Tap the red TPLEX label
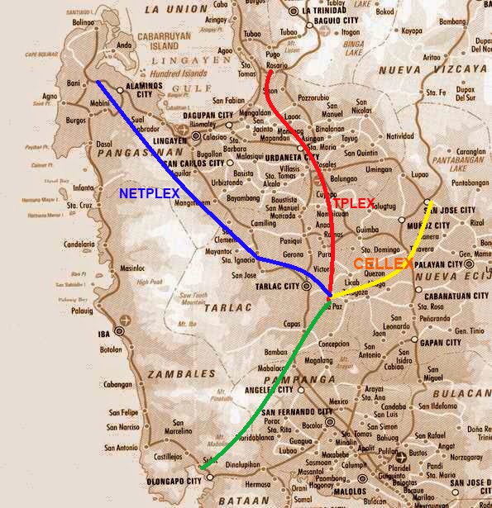click(x=354, y=202)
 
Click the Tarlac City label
click(x=281, y=286)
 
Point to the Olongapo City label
click(x=171, y=480)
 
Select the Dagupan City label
click(x=206, y=115)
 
